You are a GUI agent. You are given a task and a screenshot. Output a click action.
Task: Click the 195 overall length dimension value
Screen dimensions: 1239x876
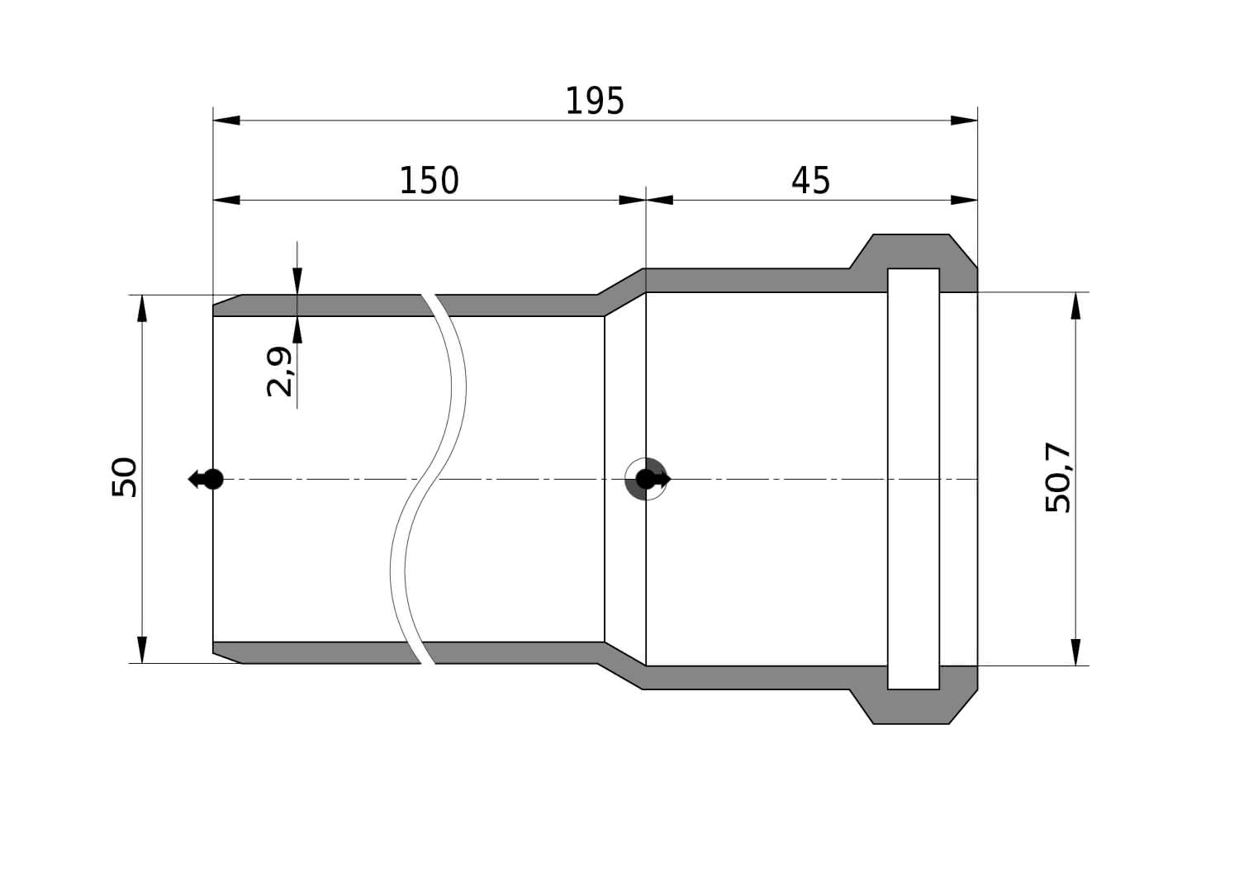595,102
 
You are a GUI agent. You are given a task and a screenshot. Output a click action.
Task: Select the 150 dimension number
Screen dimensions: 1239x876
429,180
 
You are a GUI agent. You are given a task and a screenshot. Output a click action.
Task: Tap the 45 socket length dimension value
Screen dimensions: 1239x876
810,180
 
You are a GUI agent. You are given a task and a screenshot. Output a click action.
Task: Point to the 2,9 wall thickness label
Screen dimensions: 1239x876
279,372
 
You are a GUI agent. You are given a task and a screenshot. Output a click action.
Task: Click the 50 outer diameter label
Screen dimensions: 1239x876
125,477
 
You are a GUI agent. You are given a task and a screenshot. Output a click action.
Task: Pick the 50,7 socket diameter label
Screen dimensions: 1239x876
1058,478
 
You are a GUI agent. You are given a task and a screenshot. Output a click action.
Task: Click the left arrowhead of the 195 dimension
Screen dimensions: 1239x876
227,121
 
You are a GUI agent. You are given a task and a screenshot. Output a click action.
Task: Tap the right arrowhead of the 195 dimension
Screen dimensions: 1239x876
964,121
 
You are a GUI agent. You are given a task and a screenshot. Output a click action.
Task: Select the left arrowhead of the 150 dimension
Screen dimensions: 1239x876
227,200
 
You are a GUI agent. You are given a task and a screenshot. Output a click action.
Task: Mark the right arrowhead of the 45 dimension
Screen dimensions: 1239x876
964,200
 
